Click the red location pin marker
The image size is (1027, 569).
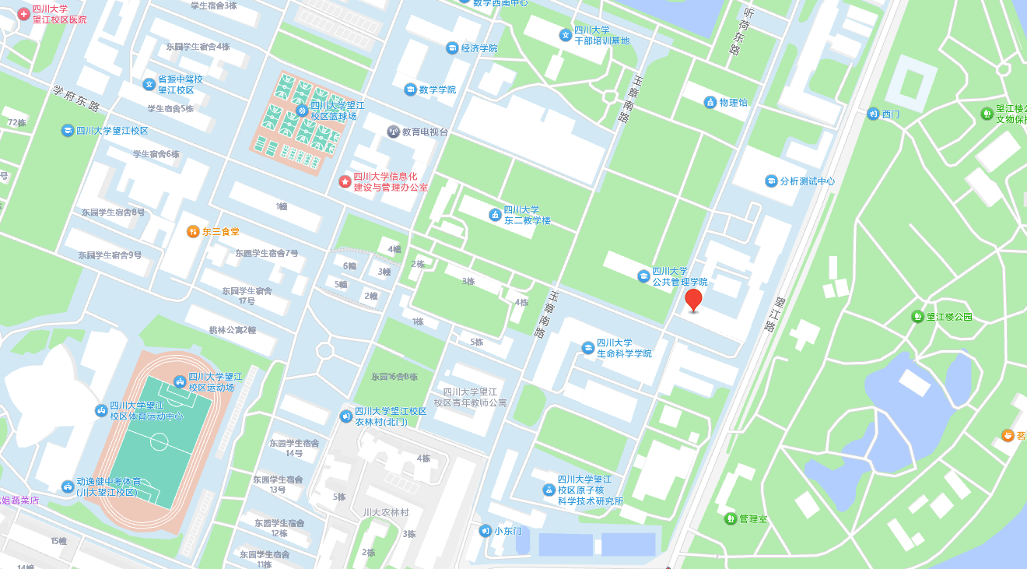693,300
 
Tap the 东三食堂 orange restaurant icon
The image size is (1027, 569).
193,231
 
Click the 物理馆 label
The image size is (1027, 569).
733,103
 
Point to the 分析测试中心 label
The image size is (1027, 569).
808,181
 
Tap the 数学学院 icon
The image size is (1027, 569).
410,90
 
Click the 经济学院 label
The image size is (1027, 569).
478,48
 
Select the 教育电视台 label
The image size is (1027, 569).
425,132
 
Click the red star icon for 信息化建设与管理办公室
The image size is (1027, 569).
345,181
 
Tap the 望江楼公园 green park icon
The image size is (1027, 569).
918,317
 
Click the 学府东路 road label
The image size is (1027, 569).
76,96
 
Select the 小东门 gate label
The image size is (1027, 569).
507,531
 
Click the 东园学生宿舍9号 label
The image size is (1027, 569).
110,255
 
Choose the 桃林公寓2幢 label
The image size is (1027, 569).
233,330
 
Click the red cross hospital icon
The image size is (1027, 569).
23,13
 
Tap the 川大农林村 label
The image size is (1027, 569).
386,512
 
